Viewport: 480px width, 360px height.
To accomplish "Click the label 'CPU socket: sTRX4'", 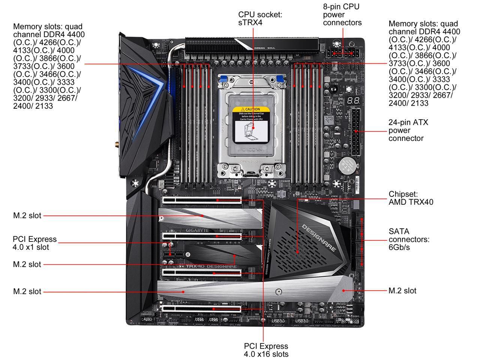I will (x=260, y=18).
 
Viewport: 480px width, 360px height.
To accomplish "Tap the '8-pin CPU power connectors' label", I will (x=342, y=15).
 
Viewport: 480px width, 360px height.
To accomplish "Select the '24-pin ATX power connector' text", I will (x=408, y=130).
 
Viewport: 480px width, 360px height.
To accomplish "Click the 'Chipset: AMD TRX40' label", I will (x=411, y=198).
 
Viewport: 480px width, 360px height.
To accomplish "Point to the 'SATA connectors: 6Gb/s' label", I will (x=409, y=239).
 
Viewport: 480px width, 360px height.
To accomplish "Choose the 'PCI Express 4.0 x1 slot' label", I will (x=34, y=243).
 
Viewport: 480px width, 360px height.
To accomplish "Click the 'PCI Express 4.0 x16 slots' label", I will (x=266, y=350).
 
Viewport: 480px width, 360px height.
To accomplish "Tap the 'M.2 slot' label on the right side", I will (x=402, y=291).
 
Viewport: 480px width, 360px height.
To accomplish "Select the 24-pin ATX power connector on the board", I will (x=355, y=132).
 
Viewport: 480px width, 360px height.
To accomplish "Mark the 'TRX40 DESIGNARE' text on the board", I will (x=212, y=267).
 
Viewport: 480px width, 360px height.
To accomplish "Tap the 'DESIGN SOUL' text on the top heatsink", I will (x=265, y=48).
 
